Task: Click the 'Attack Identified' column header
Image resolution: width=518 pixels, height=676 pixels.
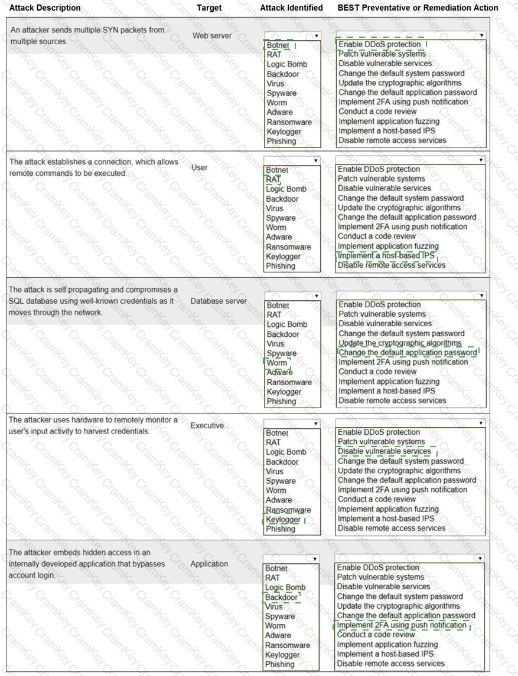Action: (291, 8)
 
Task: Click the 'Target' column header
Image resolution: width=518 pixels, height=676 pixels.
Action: (209, 8)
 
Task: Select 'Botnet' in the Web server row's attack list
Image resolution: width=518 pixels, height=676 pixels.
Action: (278, 45)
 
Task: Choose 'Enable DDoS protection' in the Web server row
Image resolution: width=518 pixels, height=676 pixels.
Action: (380, 44)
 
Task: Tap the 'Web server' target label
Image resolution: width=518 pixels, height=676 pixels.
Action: (212, 36)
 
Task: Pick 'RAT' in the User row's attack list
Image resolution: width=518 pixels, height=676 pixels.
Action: (273, 179)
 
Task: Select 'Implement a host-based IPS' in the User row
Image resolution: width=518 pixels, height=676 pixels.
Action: (386, 255)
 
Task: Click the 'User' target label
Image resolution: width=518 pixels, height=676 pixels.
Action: (200, 168)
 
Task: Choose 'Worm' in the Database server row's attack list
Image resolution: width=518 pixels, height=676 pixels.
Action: (276, 363)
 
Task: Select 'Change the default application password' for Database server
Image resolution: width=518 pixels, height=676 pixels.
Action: (408, 353)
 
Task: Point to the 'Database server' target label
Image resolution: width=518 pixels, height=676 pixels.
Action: (219, 301)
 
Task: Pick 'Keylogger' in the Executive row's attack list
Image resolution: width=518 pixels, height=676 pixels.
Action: (284, 520)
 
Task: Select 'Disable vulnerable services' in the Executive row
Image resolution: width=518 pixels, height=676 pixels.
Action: (385, 451)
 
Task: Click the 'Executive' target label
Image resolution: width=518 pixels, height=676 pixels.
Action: (207, 425)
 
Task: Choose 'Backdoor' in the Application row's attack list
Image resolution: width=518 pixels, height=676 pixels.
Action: (282, 597)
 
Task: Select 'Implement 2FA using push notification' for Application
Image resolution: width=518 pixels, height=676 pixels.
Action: (402, 625)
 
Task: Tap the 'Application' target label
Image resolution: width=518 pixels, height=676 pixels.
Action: (209, 564)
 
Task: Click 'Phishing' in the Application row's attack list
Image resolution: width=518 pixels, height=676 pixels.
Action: (280, 664)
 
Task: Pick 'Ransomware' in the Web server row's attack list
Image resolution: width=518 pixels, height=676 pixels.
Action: (289, 122)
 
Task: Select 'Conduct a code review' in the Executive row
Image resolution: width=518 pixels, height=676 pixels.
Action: (377, 500)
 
